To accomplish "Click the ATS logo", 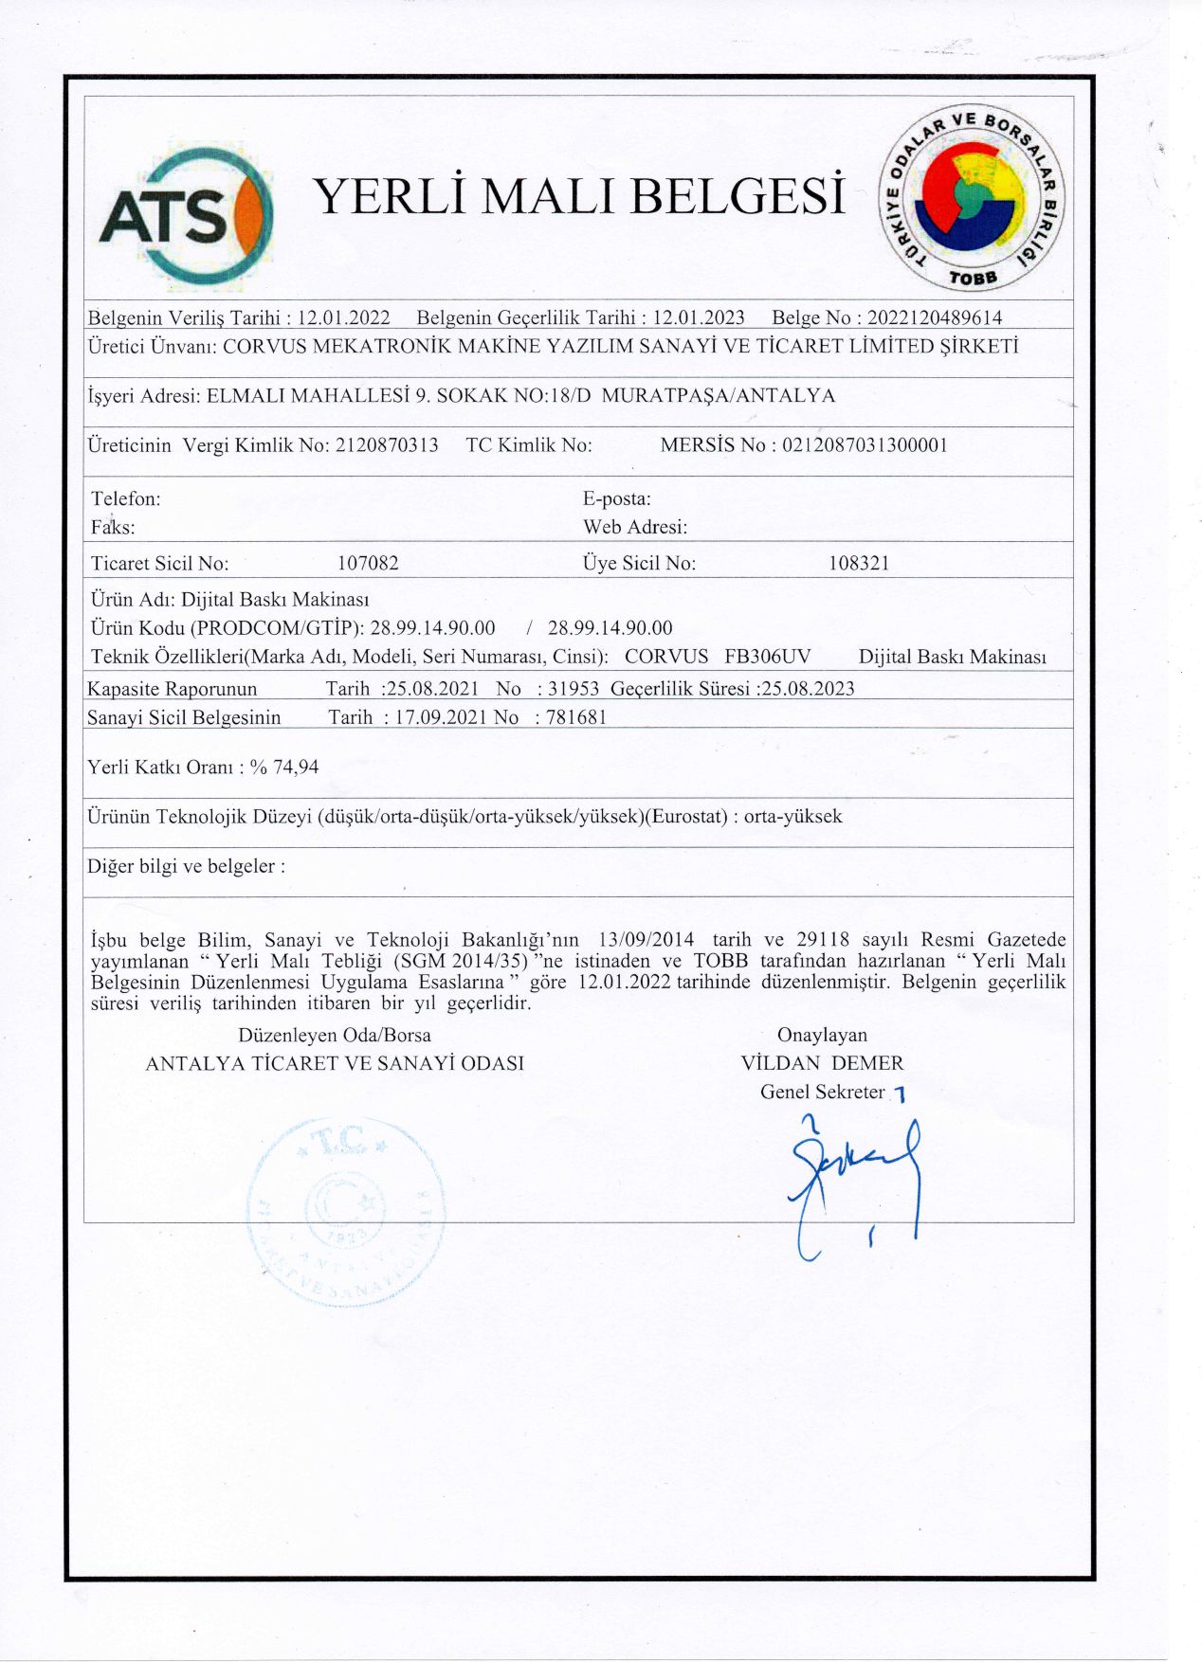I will point(186,217).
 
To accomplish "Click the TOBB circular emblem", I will point(972,197).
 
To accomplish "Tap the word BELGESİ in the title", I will point(737,196).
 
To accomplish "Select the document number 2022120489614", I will point(934,317).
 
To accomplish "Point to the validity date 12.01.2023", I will point(699,317).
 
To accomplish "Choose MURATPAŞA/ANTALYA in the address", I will point(719,395).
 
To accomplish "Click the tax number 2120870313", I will point(387,445).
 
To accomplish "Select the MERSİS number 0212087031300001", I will point(865,445).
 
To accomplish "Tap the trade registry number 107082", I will point(368,563).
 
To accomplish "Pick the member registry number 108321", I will point(859,563).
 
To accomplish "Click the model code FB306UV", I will point(767,657).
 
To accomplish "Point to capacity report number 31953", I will point(574,689).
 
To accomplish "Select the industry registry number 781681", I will point(576,717).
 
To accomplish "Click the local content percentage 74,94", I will point(296,767).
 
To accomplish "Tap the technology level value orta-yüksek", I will point(792,816).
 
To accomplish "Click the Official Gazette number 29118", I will point(824,940).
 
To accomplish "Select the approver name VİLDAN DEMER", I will point(822,1063).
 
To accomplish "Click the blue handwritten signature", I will point(853,1180).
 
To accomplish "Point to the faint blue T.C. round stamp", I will point(345,1211).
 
